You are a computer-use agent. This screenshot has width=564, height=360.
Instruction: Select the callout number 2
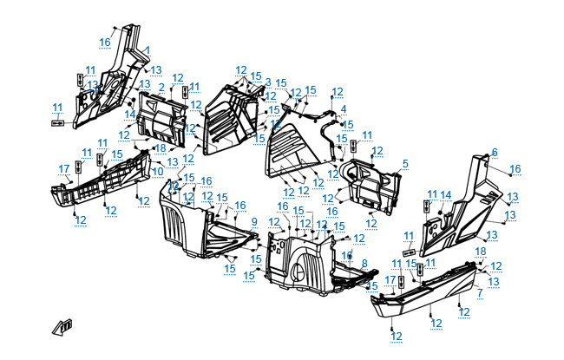point(161,87)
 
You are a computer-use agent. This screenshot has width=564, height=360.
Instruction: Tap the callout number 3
point(268,82)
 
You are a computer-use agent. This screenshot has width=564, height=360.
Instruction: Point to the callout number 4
point(343,108)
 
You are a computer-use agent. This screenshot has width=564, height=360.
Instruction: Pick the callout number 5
point(405,163)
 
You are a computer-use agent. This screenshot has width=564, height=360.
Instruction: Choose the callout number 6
point(495,153)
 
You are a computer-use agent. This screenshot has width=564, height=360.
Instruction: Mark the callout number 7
point(479,293)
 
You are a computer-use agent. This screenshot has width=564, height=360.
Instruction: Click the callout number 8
point(364,263)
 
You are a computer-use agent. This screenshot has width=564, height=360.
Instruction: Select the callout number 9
point(254,222)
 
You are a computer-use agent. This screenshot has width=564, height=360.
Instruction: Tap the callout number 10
point(157,171)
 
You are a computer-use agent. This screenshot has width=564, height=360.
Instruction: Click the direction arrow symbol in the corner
point(63,327)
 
